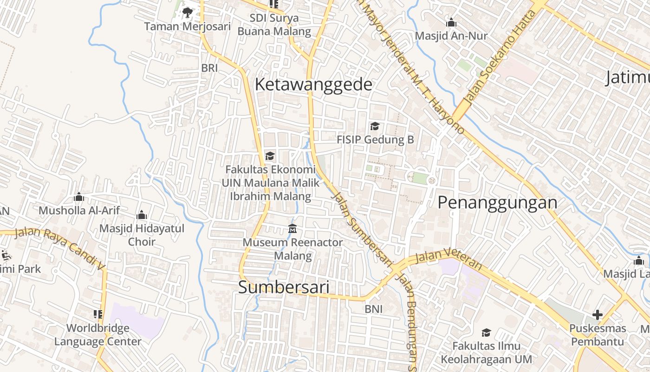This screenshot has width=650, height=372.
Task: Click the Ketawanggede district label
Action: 313,85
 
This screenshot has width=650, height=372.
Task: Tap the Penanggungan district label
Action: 497,203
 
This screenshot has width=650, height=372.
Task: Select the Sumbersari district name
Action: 284,287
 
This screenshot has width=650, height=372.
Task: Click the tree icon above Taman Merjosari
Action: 188,12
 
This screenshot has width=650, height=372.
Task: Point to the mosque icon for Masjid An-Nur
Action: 451,22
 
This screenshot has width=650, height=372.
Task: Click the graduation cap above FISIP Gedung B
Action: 375,126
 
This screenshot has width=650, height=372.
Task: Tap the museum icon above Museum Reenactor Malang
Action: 292,229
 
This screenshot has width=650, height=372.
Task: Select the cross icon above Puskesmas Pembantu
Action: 597,315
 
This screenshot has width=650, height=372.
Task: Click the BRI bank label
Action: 209,68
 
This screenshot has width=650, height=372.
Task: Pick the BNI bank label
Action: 374,309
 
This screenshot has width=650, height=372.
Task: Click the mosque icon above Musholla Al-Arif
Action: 79,197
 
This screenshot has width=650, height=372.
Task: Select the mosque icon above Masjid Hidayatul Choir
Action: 142,215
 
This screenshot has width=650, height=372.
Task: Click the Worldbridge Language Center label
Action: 98,335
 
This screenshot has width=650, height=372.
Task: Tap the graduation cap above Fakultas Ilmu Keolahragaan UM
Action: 486,332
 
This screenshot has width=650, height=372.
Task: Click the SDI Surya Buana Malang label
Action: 274,25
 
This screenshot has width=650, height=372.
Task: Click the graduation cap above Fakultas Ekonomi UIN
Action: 270,156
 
